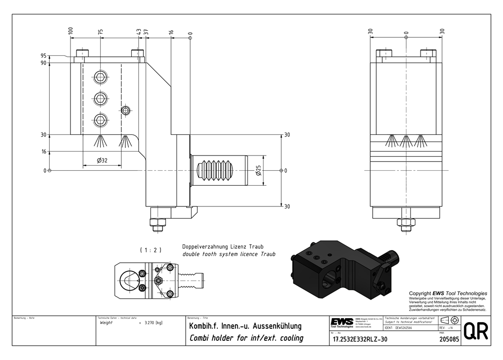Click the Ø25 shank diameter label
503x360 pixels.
pos(258,171)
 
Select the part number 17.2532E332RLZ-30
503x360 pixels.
pos(360,339)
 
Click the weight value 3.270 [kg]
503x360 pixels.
pos(153,322)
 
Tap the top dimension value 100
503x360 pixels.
pos(71,31)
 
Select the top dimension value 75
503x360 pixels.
pos(101,31)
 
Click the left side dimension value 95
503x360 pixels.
pos(44,56)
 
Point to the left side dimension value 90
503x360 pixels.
pos(44,63)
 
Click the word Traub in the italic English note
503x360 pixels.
pos(268,254)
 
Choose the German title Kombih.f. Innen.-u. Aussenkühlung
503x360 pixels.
pos(244,326)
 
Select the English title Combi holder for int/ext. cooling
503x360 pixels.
pos(245,338)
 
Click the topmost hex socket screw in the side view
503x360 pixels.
pos(101,78)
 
